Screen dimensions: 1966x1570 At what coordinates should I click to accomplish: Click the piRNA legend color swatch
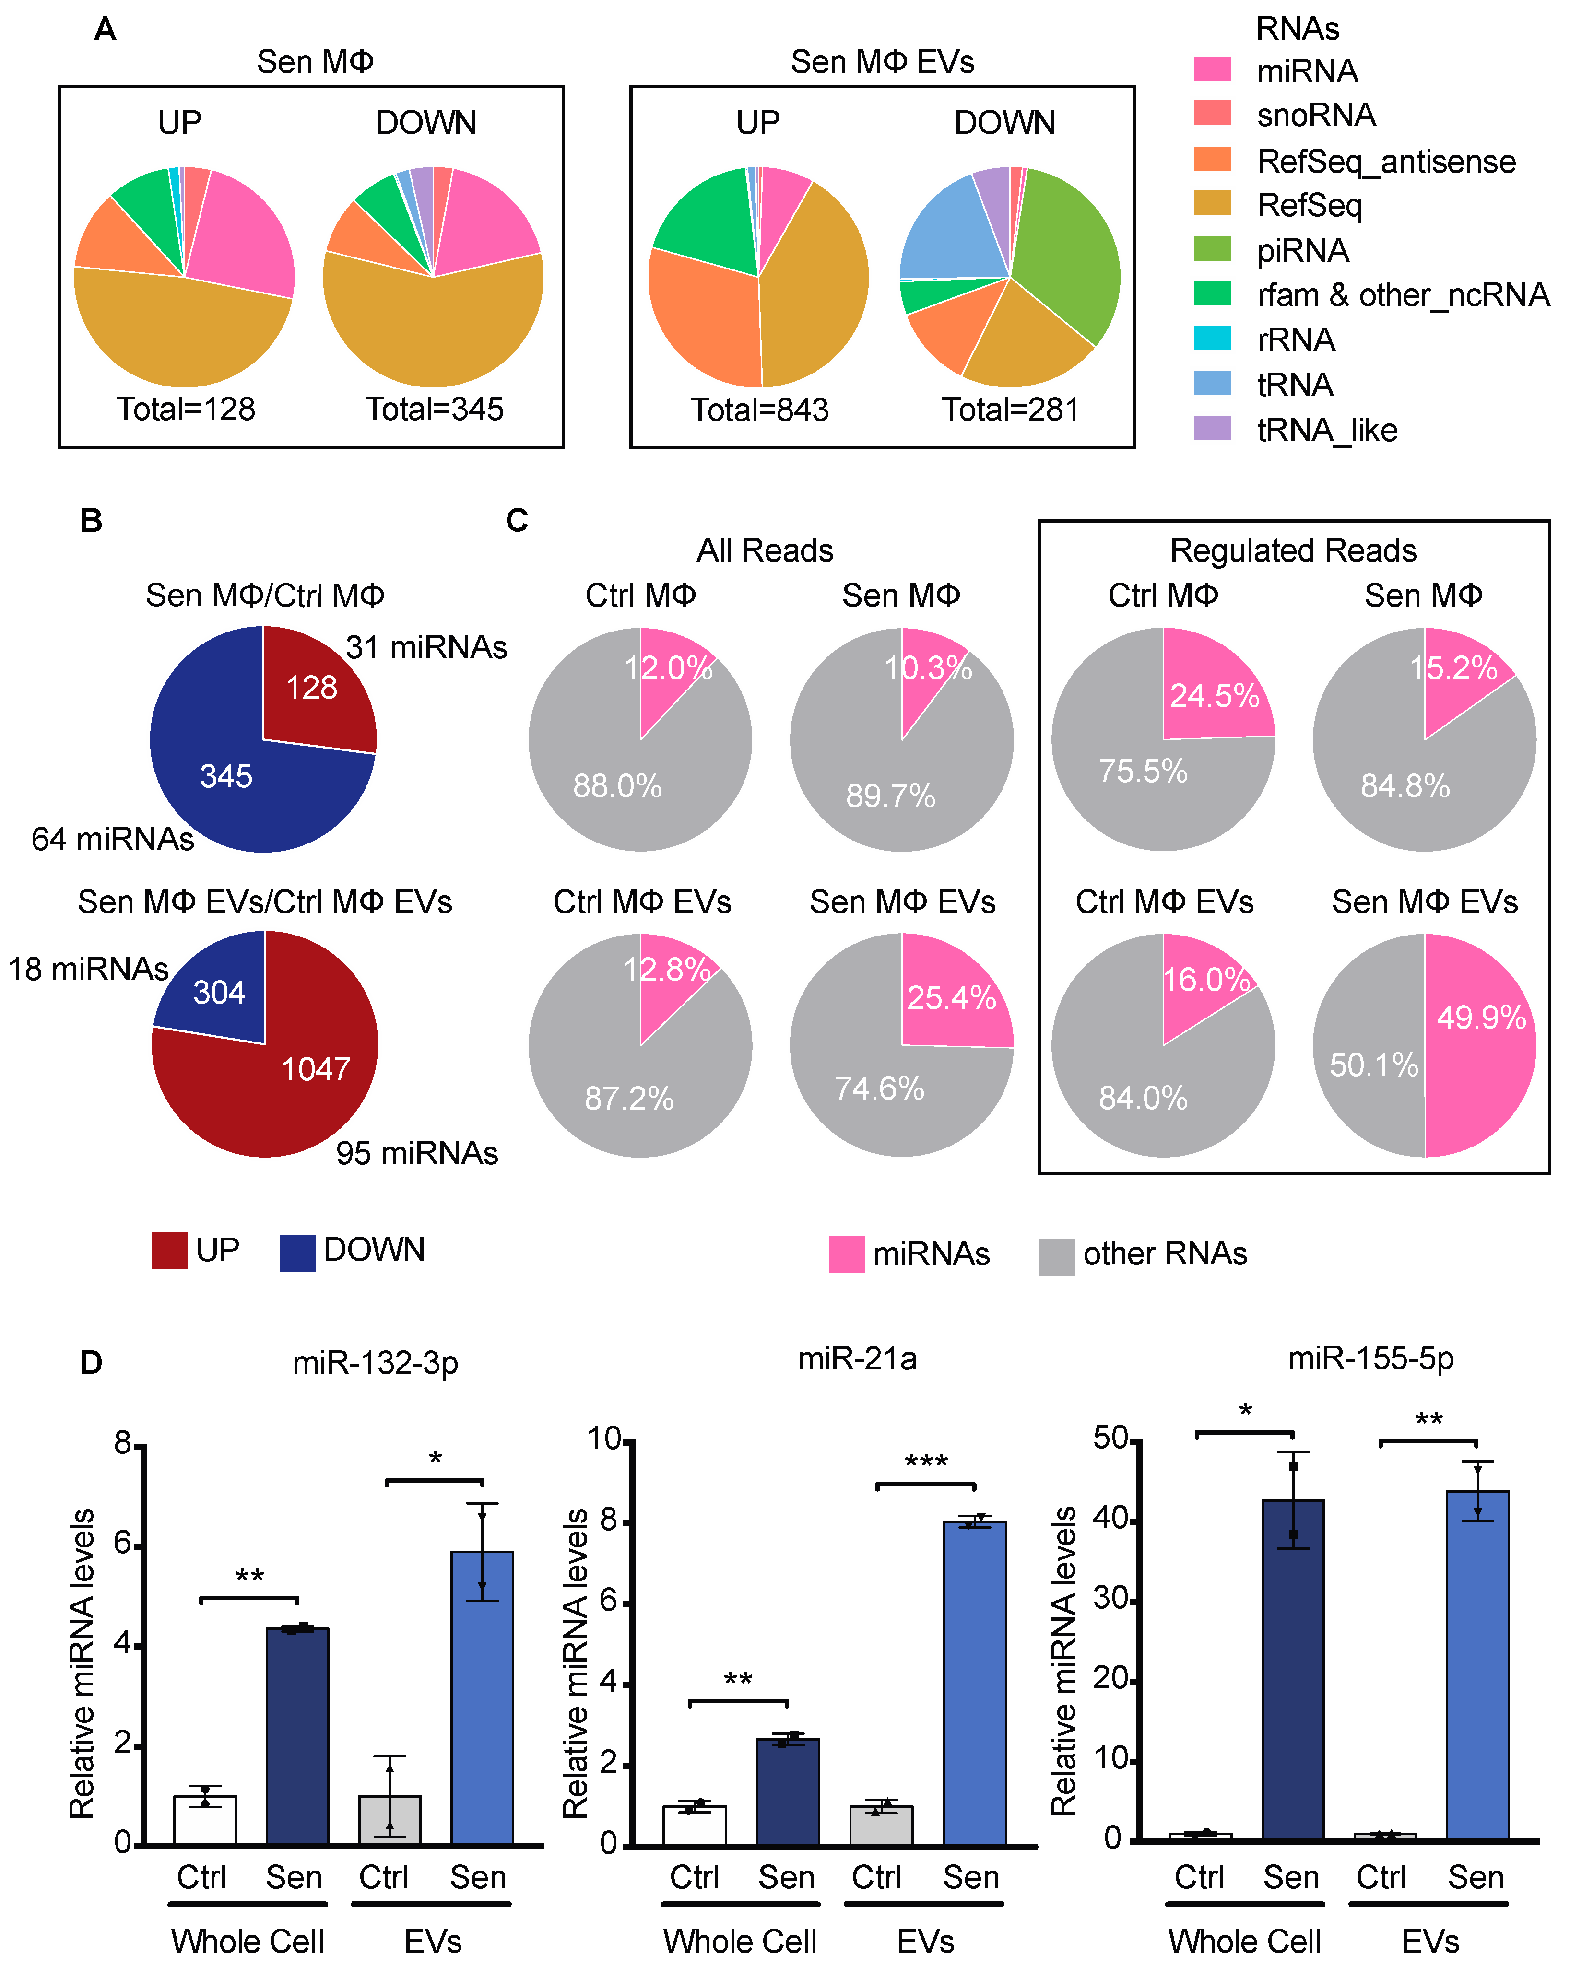point(1212,249)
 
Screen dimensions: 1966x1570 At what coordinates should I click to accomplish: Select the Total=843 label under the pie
point(759,410)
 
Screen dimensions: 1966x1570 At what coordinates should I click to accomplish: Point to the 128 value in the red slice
point(311,688)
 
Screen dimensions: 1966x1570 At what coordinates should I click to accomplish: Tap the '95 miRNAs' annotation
point(417,1154)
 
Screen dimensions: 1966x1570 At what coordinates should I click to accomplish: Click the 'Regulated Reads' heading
point(1293,551)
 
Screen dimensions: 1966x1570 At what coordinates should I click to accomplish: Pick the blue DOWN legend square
point(297,1252)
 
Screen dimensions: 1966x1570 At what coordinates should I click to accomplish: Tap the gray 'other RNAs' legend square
point(1056,1256)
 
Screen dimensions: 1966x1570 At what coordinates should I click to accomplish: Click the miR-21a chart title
point(857,1358)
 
